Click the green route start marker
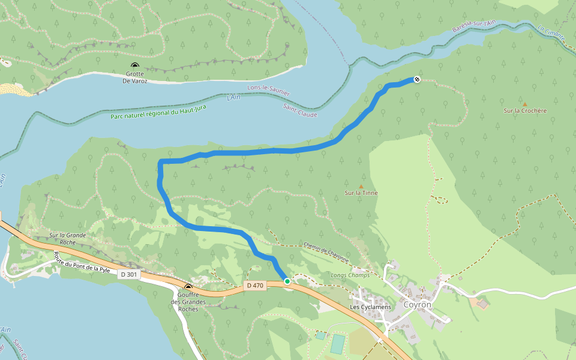click(287, 281)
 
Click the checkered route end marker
click(417, 80)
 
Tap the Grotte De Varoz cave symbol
click(135, 66)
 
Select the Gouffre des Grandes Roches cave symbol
click(188, 287)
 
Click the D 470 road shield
click(255, 285)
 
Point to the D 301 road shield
click(128, 274)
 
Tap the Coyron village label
click(417, 304)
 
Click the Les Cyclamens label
click(370, 307)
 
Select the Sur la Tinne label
click(361, 193)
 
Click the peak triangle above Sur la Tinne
click(361, 186)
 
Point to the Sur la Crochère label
click(525, 111)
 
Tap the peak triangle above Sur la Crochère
click(524, 104)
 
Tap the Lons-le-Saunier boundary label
click(268, 90)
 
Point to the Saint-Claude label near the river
click(299, 110)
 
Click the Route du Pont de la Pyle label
click(82, 261)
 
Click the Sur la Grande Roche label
click(68, 239)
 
